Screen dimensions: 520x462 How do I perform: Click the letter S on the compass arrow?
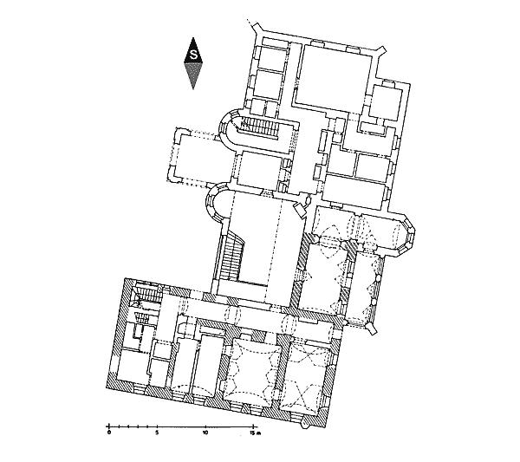tap(193, 55)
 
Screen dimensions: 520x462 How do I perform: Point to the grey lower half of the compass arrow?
tap(193, 74)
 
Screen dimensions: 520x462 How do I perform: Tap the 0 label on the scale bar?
tap(108, 433)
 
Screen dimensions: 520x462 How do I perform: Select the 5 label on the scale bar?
tap(157, 433)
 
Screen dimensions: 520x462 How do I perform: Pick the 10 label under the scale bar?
tap(205, 433)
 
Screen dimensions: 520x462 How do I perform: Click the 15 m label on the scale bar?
tap(256, 433)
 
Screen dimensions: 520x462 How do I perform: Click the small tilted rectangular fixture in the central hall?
tap(300, 209)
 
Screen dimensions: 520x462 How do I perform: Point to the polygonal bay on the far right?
tap(406, 235)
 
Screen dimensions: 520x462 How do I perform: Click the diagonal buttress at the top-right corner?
tap(380, 51)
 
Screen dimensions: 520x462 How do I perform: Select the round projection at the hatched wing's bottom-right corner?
tap(305, 426)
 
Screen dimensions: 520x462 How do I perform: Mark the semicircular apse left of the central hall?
tap(216, 203)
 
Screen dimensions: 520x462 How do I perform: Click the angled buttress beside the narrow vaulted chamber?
tap(372, 329)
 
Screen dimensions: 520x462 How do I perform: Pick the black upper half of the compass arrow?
tap(193, 51)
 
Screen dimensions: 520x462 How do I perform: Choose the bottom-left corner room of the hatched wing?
tap(132, 368)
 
